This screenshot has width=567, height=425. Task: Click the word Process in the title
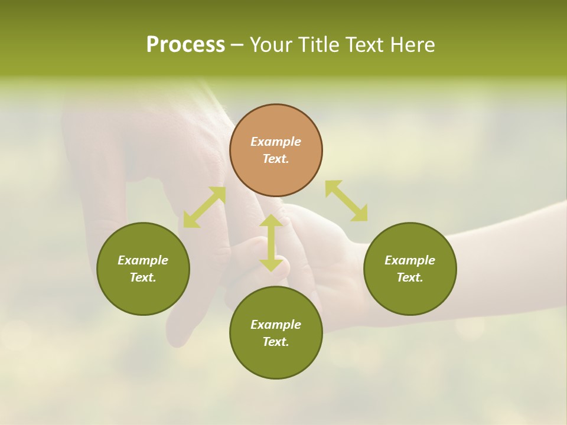[x=185, y=45]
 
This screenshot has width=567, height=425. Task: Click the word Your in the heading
[x=272, y=45]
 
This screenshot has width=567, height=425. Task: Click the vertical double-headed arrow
[x=271, y=243]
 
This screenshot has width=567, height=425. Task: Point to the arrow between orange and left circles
[x=204, y=207]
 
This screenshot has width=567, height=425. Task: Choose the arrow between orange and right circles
[x=346, y=201]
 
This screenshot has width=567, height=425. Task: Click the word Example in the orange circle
[x=276, y=142]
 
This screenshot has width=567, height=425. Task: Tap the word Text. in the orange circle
[x=276, y=159]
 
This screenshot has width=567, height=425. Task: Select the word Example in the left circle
[x=143, y=260]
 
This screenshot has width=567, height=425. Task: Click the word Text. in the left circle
[x=143, y=277]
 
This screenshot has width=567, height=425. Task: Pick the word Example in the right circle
[x=410, y=260]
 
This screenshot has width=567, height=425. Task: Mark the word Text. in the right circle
[x=410, y=277]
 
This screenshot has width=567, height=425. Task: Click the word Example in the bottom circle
[x=276, y=325]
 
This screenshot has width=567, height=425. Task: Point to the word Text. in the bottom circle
[x=276, y=342]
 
